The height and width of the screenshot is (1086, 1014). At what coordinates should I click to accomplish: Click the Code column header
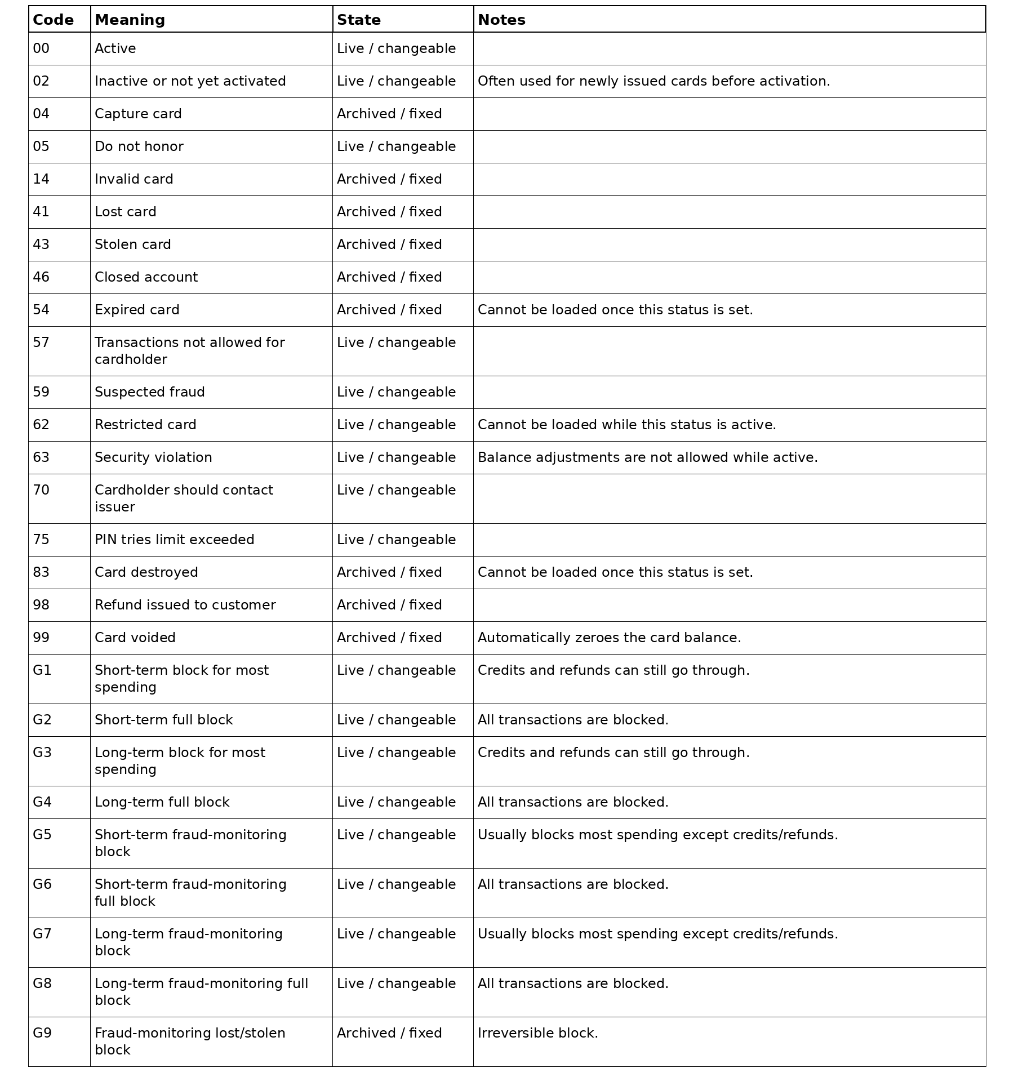(x=53, y=20)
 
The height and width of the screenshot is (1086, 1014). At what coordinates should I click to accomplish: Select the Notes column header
(x=501, y=20)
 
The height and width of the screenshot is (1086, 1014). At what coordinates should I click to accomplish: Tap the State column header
(x=359, y=20)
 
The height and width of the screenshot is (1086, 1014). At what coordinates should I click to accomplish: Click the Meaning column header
(x=130, y=20)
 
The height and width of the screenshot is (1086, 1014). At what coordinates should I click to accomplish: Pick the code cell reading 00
(x=41, y=48)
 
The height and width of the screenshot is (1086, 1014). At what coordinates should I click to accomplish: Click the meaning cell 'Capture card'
(x=138, y=114)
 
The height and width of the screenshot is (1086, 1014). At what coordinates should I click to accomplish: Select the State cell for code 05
(x=396, y=146)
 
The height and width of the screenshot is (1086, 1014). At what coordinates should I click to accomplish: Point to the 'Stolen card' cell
(x=132, y=244)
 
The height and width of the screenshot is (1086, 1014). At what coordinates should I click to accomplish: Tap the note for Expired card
(x=615, y=310)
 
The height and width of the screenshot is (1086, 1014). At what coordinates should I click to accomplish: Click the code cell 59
(x=41, y=392)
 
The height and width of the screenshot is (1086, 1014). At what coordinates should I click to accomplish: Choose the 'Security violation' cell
(x=153, y=457)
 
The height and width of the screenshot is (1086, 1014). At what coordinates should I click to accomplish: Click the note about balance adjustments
(x=647, y=457)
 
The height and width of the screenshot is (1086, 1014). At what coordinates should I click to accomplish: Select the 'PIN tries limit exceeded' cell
(x=174, y=540)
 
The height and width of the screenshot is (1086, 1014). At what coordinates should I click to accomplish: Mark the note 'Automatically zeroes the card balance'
(x=609, y=638)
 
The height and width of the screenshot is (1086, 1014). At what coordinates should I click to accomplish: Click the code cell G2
(x=42, y=720)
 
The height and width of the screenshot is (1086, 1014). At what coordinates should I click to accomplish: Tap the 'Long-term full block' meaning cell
(x=162, y=802)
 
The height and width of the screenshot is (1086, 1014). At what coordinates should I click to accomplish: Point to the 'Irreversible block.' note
(x=537, y=1033)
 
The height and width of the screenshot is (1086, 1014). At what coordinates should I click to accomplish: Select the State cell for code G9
(x=389, y=1033)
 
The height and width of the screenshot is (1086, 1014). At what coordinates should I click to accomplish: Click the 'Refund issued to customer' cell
(x=185, y=605)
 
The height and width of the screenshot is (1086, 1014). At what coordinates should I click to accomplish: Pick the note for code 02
(x=653, y=81)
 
